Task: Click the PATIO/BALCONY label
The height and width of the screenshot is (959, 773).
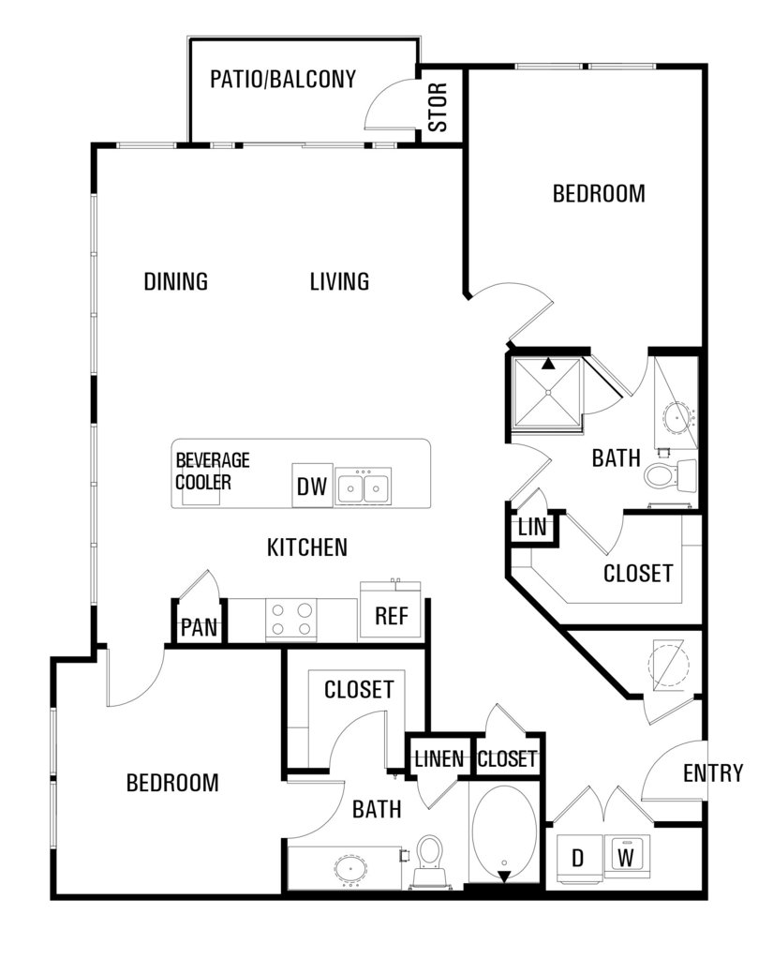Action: tap(283, 79)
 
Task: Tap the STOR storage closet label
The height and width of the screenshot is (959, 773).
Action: tap(439, 108)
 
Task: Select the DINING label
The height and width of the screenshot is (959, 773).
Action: tap(176, 281)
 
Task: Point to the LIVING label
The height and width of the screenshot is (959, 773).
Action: tap(339, 281)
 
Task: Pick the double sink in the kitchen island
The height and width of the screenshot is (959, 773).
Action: tap(363, 487)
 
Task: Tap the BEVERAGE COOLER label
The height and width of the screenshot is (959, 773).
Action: tap(212, 471)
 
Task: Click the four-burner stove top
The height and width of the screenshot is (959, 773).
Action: tap(291, 619)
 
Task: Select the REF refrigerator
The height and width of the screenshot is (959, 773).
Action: tap(391, 616)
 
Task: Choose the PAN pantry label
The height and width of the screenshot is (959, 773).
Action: tap(200, 627)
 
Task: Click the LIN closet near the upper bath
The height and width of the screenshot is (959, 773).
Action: tap(532, 527)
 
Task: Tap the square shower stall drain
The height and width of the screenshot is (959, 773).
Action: tap(548, 392)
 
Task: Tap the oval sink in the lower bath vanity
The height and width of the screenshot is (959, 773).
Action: tap(350, 868)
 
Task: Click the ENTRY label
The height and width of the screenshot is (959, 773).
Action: tap(712, 773)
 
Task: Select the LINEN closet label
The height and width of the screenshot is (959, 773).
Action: tap(439, 759)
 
